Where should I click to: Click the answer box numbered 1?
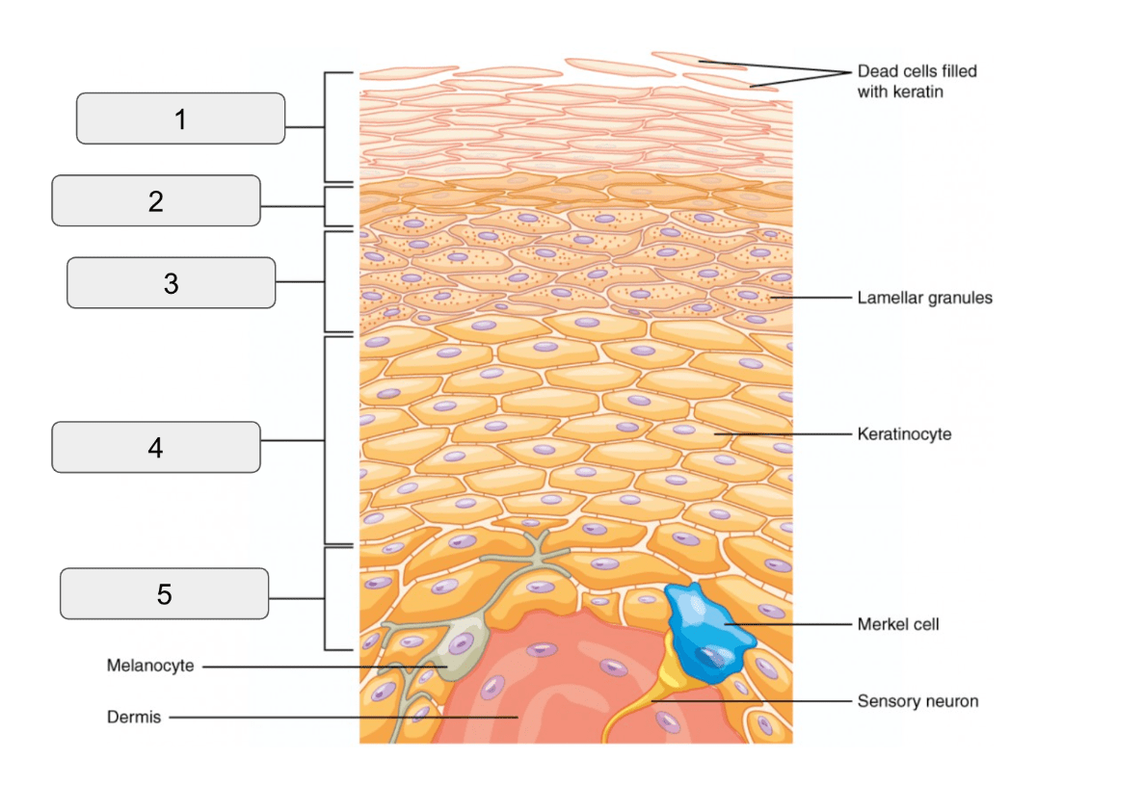(180, 118)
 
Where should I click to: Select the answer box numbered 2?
(156, 200)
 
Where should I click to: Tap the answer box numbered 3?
(172, 283)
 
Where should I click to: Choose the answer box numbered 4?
(156, 447)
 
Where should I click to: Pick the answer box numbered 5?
(164, 594)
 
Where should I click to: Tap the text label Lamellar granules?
(924, 298)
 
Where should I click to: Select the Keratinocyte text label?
(904, 433)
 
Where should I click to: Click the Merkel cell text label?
(898, 624)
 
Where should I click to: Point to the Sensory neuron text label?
(917, 701)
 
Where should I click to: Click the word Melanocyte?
(150, 666)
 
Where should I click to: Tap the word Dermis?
(133, 717)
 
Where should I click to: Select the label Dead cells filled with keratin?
(917, 81)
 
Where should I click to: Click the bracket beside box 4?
(325, 440)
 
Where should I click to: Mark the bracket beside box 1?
(325, 127)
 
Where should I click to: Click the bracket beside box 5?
(325, 598)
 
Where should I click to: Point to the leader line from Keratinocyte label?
(783, 434)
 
